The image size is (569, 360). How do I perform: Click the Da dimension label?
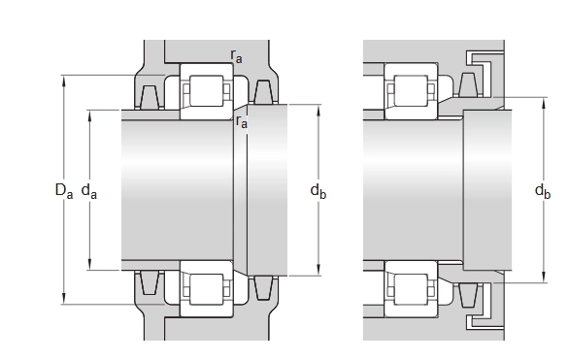coord(64,191)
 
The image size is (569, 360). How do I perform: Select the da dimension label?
coord(89,191)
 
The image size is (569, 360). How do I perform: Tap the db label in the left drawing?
coord(318,191)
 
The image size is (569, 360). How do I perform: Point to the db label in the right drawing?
coord(543,191)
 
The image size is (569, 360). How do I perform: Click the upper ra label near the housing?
coord(236,56)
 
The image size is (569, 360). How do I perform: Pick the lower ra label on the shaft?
coord(242,121)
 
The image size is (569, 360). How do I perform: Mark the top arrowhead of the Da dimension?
coord(64,81)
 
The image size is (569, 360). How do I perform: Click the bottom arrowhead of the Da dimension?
coord(64,299)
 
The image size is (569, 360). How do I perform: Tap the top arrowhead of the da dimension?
coord(89,115)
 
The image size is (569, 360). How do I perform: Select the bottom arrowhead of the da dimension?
coord(89,265)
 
